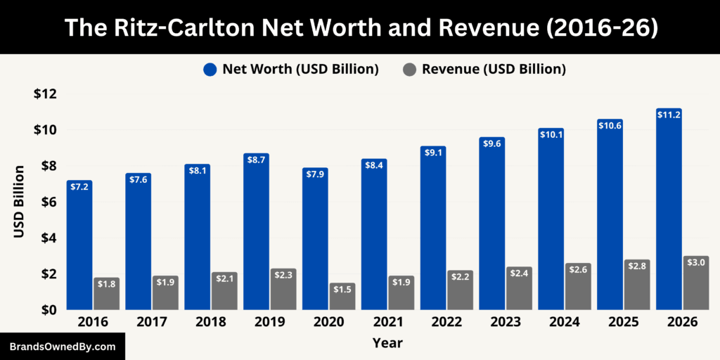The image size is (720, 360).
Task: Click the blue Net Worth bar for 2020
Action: [315, 239]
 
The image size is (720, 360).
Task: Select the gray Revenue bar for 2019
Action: [283, 289]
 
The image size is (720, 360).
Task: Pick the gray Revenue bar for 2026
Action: [695, 283]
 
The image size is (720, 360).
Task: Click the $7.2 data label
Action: [79, 188]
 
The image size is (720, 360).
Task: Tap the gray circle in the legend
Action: [410, 69]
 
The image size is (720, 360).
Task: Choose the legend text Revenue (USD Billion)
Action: [494, 69]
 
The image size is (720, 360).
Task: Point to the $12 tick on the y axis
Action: [45, 94]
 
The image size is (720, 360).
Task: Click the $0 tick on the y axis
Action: [49, 309]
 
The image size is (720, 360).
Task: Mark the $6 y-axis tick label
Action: [49, 202]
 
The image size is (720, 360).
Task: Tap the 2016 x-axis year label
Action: [92, 322]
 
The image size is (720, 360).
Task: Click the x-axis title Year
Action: [387, 342]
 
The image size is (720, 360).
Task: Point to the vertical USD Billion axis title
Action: [20, 202]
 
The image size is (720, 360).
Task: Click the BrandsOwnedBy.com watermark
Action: [62, 347]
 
